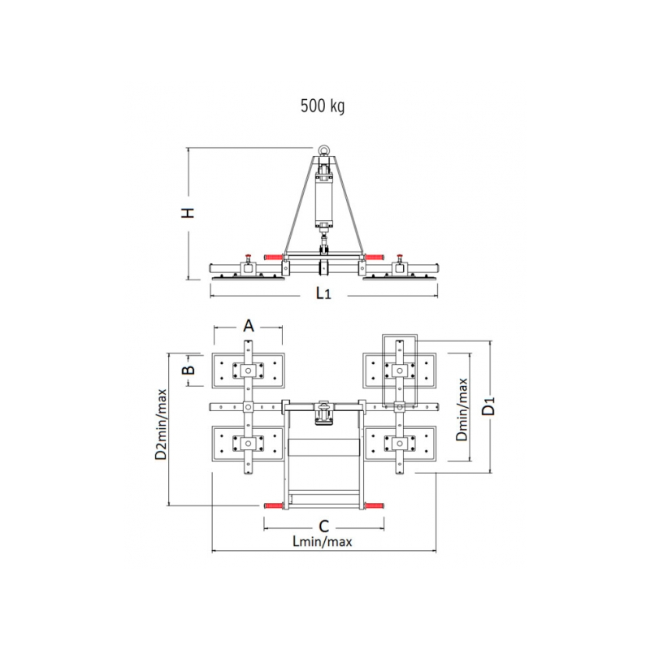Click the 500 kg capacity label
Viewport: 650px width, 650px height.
point(323,106)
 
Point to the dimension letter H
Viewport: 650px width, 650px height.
point(188,213)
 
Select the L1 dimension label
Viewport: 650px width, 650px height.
point(323,293)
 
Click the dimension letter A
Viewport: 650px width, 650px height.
point(249,326)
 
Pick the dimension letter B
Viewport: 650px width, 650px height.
point(188,370)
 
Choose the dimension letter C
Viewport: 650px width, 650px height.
point(323,526)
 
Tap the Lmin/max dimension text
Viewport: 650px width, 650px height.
point(323,541)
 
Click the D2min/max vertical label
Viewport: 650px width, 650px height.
point(161,424)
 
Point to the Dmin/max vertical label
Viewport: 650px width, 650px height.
point(461,409)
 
